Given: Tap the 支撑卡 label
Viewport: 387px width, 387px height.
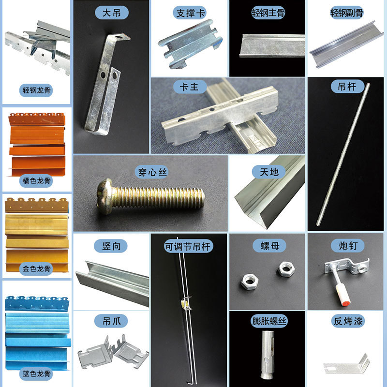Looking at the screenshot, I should tap(189, 13).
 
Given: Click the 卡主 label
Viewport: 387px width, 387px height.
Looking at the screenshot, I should tap(190, 87).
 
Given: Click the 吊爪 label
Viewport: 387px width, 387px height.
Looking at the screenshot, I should tap(112, 321).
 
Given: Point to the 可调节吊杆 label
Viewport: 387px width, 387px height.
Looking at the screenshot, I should tap(189, 246).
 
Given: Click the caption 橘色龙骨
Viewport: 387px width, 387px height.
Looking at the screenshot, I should tap(36, 181).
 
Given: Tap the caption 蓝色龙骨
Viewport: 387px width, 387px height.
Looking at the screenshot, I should tap(36, 373).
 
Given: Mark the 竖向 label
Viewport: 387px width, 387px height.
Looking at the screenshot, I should tap(112, 246).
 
